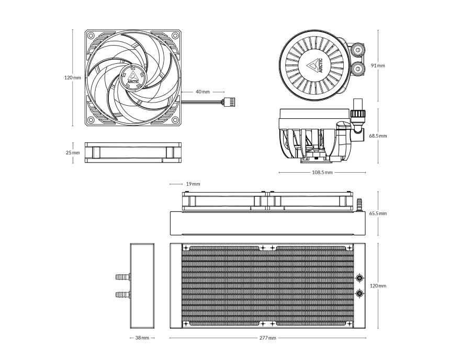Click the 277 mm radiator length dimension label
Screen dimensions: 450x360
tap(268, 338)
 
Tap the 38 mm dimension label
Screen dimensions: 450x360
tap(142, 338)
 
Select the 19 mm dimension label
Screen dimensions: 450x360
tap(193, 184)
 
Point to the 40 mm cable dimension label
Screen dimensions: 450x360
tap(203, 92)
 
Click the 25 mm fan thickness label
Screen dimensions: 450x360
tap(73, 153)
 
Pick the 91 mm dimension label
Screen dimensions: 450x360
tap(378, 65)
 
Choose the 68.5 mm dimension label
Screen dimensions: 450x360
tap(378, 136)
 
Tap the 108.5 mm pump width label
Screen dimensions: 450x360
tap(322, 173)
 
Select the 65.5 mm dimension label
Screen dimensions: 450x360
tap(378, 213)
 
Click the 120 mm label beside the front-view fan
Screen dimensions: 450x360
tap(73, 77)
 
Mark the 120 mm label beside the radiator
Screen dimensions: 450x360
tap(378, 286)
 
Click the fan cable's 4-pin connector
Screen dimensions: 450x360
tap(228, 102)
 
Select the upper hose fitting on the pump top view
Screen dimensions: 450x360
tap(358, 50)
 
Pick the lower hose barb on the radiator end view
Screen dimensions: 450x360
tap(123, 294)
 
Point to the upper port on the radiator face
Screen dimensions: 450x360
tap(359, 278)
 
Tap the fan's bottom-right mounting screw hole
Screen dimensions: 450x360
tap(175, 120)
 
